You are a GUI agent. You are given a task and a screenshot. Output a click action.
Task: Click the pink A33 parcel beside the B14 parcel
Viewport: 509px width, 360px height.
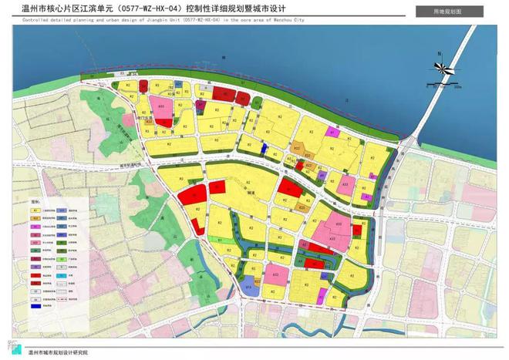click(275, 276)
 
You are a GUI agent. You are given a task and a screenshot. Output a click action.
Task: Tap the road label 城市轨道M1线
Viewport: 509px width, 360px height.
click(126, 163)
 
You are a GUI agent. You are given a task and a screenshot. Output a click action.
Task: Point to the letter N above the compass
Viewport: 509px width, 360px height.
click(438, 53)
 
